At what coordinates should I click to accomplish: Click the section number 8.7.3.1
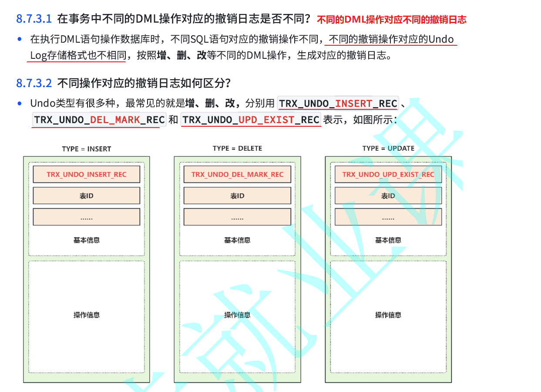tap(34, 19)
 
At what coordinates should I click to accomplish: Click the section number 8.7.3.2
tap(34, 83)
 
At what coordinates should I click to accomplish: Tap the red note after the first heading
tap(391, 20)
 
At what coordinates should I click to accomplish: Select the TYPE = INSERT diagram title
tap(87, 149)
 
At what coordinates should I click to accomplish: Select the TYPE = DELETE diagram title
tap(237, 149)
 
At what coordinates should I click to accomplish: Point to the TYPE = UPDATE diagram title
tap(388, 149)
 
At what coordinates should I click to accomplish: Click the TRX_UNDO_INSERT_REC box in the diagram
tap(87, 174)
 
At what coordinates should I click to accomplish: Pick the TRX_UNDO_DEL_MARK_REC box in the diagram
tap(237, 174)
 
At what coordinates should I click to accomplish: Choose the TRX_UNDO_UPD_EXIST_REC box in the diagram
tap(388, 174)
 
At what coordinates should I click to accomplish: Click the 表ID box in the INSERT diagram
tap(87, 196)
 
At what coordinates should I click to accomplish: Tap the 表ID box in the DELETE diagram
tap(237, 196)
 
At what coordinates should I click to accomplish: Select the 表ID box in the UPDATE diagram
tap(388, 196)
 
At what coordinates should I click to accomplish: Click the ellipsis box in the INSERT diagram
tap(87, 217)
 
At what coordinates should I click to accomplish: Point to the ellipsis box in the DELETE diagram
tap(237, 217)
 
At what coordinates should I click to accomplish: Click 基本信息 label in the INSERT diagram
tap(87, 240)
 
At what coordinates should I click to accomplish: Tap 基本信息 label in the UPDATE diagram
tap(388, 240)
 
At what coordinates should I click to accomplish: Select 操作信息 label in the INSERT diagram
tap(87, 315)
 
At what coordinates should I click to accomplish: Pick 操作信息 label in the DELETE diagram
tap(237, 315)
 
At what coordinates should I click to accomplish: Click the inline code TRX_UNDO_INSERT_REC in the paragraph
tap(338, 104)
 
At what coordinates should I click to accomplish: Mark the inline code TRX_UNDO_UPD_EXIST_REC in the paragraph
tap(251, 119)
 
